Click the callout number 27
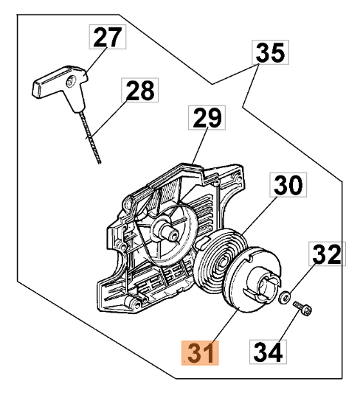pos(108,37)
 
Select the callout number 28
pos(140,90)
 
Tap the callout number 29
pos(207,117)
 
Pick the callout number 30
pos(288,184)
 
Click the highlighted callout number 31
pos(200,352)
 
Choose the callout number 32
pos(327,254)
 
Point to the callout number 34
pos(268,352)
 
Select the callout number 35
pos(271,52)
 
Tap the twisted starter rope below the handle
pos(90,137)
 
